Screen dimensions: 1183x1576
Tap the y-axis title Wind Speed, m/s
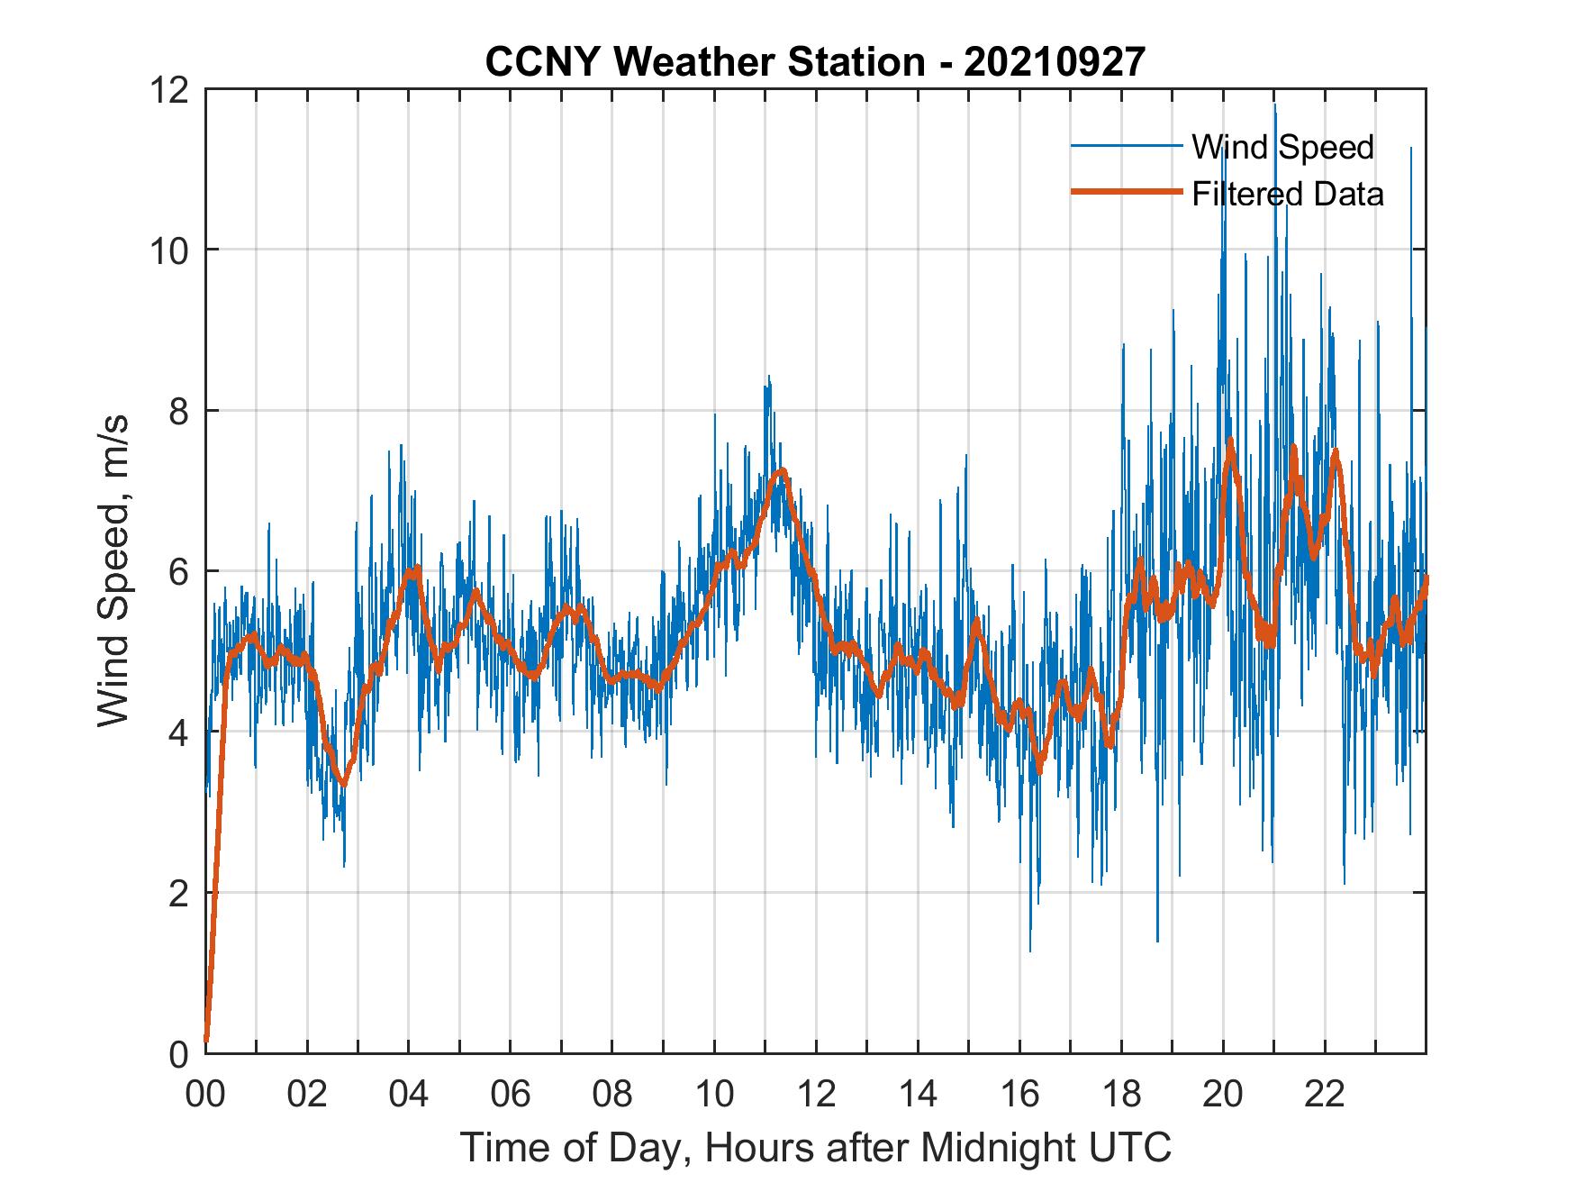(x=113, y=570)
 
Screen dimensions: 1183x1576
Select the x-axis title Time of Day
(x=816, y=1148)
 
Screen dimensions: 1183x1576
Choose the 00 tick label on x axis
(x=206, y=1095)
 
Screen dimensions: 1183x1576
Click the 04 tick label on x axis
(x=409, y=1095)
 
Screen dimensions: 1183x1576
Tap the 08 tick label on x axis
(x=612, y=1095)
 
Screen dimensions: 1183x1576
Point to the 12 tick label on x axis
(x=816, y=1095)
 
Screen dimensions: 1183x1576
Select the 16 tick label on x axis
(x=1019, y=1095)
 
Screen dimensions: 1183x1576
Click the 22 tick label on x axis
(x=1325, y=1095)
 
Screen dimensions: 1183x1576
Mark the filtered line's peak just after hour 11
(x=783, y=470)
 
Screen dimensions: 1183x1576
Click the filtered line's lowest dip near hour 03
(x=342, y=783)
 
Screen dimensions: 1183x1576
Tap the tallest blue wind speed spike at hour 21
(x=1274, y=106)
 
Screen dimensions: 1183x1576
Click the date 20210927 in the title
(x=1055, y=62)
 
